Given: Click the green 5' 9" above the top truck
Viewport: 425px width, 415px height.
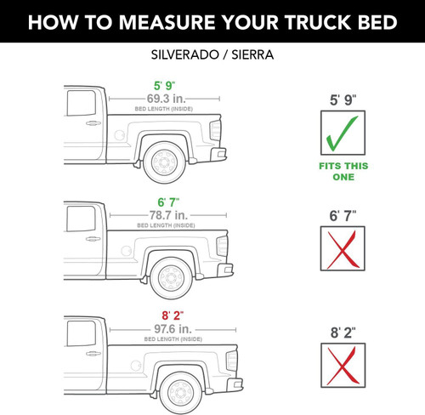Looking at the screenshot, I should click(x=163, y=86).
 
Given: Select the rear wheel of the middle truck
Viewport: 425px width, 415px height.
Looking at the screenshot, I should click(x=174, y=278).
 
